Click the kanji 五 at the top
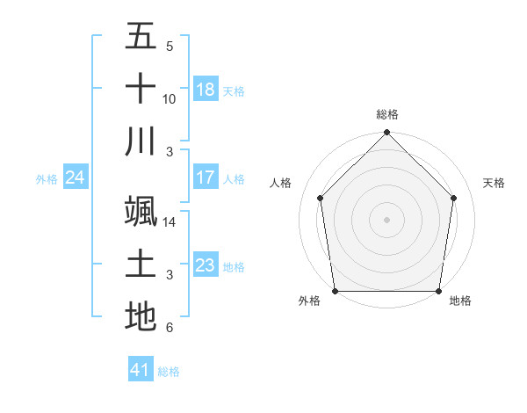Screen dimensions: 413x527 click(x=141, y=36)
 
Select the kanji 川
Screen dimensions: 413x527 click(x=141, y=141)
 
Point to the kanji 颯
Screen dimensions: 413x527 click(x=141, y=212)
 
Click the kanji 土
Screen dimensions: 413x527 click(x=141, y=264)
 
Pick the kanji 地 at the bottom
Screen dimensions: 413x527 click(x=141, y=317)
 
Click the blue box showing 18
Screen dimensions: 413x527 click(x=206, y=89)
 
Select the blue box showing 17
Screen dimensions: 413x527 click(x=206, y=178)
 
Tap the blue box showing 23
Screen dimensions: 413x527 click(x=206, y=265)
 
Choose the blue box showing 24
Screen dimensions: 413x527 click(x=76, y=178)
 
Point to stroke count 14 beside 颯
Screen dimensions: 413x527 click(x=170, y=222)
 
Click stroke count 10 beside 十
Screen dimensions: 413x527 click(x=170, y=99)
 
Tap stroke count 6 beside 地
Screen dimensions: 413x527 click(x=170, y=328)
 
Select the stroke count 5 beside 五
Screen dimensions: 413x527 click(x=170, y=47)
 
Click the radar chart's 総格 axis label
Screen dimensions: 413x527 click(x=387, y=114)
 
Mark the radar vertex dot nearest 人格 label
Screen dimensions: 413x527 click(x=321, y=198)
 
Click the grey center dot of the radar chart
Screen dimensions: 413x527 click(x=387, y=219)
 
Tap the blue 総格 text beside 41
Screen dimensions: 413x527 click(x=169, y=372)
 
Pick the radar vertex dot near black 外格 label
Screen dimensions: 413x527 click(x=336, y=291)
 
